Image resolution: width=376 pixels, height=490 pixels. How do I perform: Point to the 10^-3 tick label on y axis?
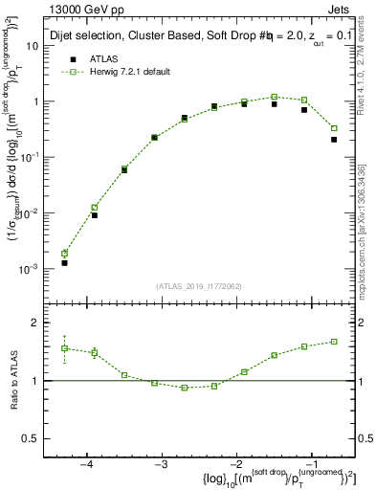pyautogui.click(x=39, y=271)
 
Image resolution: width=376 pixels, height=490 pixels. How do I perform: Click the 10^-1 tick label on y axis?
pyautogui.click(x=39, y=158)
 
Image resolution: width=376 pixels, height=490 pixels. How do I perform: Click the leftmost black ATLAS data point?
pyautogui.click(x=64, y=262)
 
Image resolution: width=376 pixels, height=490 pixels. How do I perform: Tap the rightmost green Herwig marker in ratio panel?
pyautogui.click(x=334, y=342)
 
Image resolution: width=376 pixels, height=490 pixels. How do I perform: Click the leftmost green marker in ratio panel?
pyautogui.click(x=64, y=348)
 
